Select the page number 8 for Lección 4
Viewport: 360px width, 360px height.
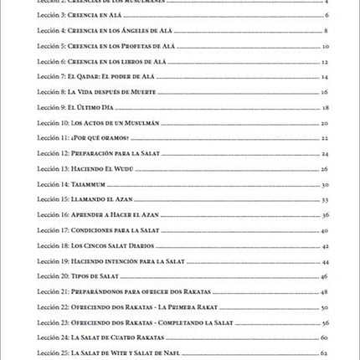point(325,31)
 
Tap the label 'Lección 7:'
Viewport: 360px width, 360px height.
point(53,76)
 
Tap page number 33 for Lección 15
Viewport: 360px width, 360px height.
point(325,199)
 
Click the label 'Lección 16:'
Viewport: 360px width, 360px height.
point(54,214)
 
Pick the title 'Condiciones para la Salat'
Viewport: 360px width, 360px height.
point(115,229)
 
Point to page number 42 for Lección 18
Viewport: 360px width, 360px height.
point(325,245)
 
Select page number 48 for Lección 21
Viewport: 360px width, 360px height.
point(325,291)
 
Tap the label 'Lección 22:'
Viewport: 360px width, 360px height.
point(54,306)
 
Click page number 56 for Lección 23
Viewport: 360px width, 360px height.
point(325,322)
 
